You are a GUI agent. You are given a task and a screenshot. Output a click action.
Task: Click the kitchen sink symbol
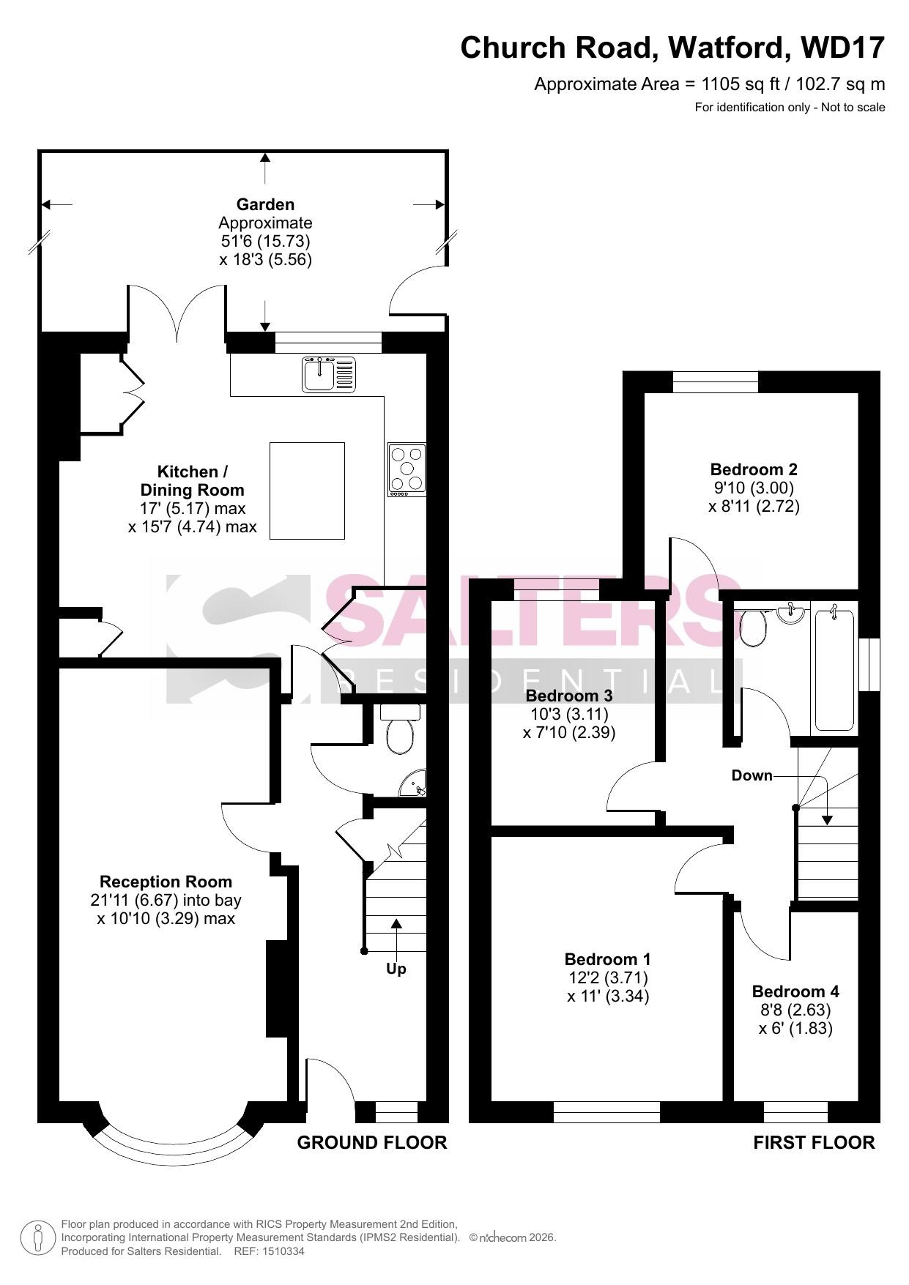pyautogui.click(x=329, y=373)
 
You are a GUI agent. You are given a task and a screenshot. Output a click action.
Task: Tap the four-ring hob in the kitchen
pyautogui.click(x=407, y=471)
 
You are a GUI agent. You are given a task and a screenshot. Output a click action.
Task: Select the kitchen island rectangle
pyautogui.click(x=307, y=491)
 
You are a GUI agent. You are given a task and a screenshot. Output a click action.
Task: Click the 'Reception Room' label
pyautogui.click(x=166, y=882)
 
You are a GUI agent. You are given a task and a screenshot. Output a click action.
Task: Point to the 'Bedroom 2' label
pyautogui.click(x=754, y=469)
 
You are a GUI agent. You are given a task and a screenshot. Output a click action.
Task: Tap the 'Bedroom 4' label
pyautogui.click(x=795, y=991)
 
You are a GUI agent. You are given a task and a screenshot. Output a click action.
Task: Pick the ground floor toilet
pyautogui.click(x=400, y=729)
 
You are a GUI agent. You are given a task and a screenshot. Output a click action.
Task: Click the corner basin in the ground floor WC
pyautogui.click(x=415, y=784)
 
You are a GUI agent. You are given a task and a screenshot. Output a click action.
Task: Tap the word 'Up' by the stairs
pyautogui.click(x=396, y=969)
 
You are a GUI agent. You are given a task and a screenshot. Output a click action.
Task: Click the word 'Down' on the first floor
pyautogui.click(x=752, y=775)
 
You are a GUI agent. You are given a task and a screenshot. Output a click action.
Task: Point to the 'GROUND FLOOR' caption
pyautogui.click(x=372, y=1142)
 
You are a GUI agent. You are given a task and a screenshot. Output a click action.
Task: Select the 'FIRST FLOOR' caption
pyautogui.click(x=814, y=1142)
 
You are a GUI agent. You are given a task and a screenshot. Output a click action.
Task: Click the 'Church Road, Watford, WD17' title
pyautogui.click(x=672, y=48)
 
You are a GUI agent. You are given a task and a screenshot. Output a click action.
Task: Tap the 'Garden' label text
pyautogui.click(x=265, y=204)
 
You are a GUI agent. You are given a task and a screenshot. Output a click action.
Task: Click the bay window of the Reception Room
pyautogui.click(x=176, y=1143)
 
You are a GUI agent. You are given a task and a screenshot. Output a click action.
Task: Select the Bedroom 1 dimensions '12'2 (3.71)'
pyautogui.click(x=608, y=977)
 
